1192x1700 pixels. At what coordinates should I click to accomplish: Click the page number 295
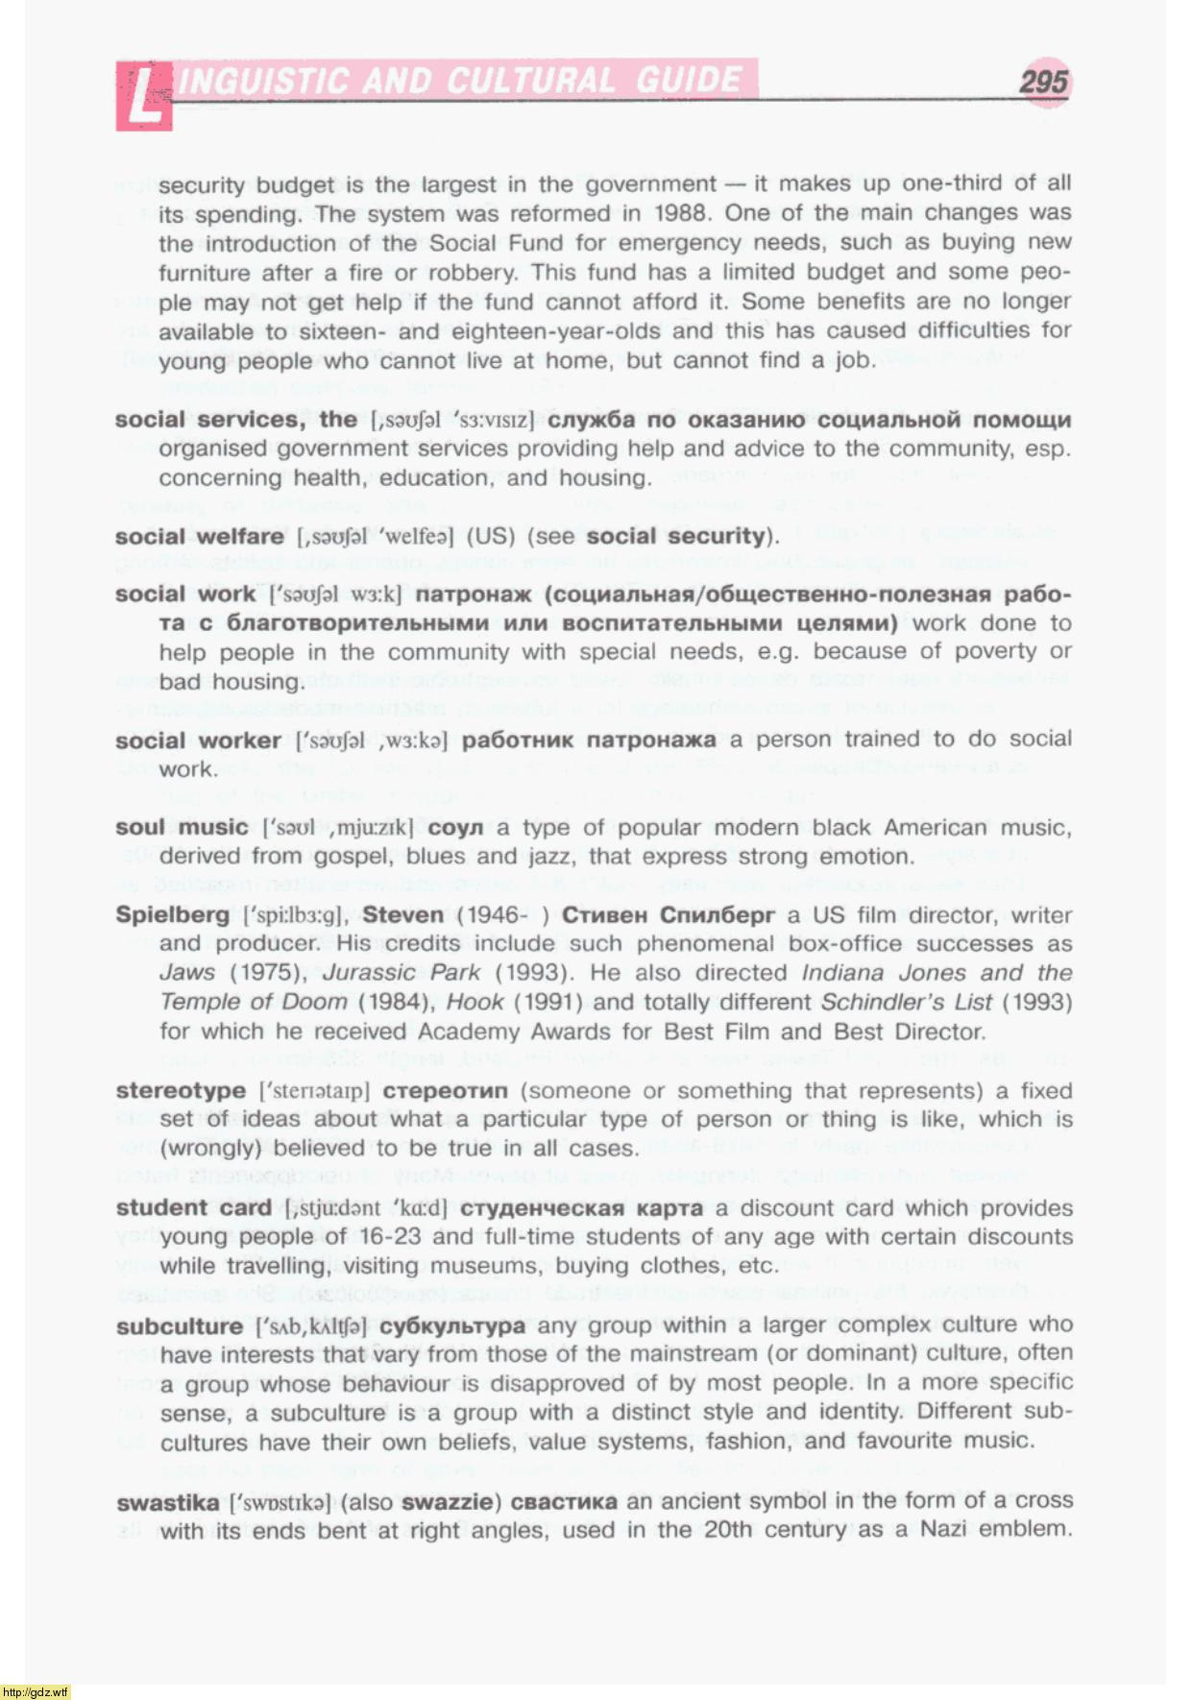pos(1043,82)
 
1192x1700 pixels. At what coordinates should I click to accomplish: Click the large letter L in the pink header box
pos(143,96)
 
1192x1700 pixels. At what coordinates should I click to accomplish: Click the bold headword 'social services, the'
pos(236,420)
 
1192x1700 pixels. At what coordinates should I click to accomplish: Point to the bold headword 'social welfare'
pos(200,537)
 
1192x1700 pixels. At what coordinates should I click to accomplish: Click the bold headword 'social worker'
pos(198,741)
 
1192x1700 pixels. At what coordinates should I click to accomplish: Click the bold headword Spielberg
pos(173,914)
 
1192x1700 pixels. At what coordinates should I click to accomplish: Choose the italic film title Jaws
pos(187,973)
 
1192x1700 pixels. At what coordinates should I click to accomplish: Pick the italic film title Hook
pos(475,1003)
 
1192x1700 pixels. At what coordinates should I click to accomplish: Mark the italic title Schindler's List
pos(906,1003)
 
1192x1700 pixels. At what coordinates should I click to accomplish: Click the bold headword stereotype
pos(181,1091)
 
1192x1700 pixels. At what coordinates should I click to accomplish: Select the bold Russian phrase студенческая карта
pos(581,1208)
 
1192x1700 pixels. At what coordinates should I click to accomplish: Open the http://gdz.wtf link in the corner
pos(36,1691)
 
